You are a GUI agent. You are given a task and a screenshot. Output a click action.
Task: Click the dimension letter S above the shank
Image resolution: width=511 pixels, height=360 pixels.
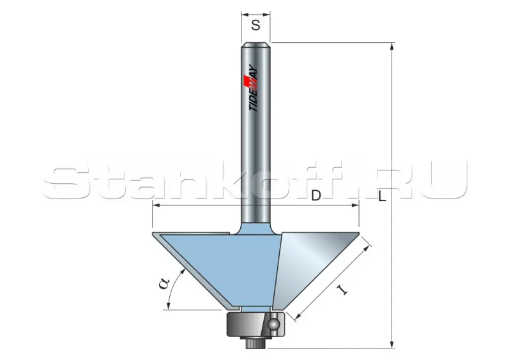pos(256,25)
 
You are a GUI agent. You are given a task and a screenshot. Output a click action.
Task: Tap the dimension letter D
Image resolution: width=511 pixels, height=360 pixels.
pos(316,196)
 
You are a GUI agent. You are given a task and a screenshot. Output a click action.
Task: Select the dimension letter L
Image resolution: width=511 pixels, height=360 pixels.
pos(382,196)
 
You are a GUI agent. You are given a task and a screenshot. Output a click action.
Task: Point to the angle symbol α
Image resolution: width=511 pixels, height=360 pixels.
pos(164,283)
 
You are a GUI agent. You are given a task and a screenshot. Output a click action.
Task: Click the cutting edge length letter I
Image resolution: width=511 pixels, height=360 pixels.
pos(342,289)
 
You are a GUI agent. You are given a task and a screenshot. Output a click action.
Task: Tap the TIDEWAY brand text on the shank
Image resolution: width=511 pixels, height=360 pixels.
pos(254,88)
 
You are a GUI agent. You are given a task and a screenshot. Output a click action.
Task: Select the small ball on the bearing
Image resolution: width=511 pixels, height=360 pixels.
pos(273,324)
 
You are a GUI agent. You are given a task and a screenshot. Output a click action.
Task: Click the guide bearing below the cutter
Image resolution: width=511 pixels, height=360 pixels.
pos(256,324)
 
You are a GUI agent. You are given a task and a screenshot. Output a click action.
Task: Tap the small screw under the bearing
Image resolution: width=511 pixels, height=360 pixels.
pos(256,342)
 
